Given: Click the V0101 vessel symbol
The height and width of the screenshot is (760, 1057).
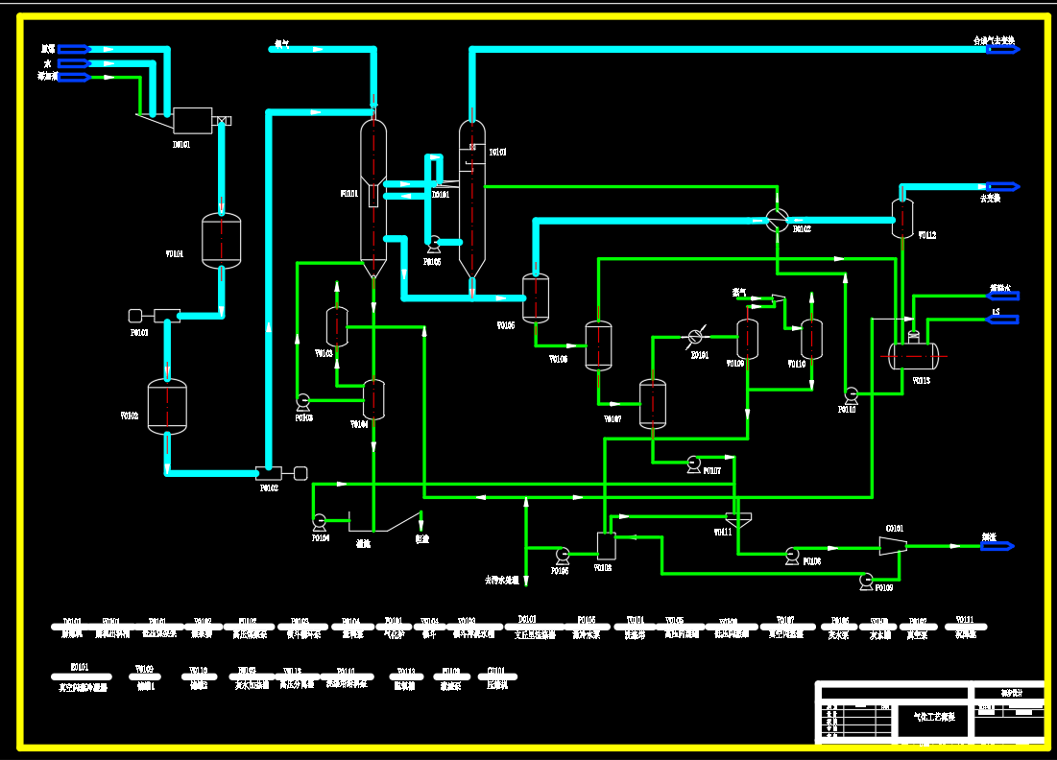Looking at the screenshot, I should tap(221, 240).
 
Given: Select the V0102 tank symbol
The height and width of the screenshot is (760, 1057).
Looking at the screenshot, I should tap(167, 407).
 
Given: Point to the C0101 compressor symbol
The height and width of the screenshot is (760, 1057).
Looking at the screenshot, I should tap(893, 545).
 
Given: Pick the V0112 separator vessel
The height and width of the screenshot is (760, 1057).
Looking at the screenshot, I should tap(902, 218).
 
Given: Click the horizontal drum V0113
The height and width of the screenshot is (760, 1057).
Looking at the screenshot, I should tap(913, 356).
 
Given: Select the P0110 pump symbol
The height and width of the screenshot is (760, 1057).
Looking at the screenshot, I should tap(851, 393).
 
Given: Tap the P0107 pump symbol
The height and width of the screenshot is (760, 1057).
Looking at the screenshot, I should tap(694, 464).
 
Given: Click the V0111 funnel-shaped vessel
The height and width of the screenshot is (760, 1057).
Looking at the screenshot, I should tap(737, 519).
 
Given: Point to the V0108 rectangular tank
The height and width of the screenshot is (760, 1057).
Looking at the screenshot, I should tap(607, 546).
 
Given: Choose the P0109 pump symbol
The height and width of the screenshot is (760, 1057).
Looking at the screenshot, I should tap(867, 580).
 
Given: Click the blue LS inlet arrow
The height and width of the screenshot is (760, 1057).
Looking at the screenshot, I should tap(1003, 320).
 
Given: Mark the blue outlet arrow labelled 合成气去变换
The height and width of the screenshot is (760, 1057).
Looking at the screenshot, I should tap(1002, 48).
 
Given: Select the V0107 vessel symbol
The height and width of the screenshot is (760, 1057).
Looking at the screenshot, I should tap(653, 403).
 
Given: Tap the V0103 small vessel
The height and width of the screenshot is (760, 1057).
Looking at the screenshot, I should tap(337, 326).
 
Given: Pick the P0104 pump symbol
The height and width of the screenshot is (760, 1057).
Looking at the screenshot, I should tap(320, 521).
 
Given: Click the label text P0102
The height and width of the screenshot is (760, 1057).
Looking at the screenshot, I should tap(269, 488).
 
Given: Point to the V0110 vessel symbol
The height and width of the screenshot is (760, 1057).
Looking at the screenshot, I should tap(811, 338).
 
